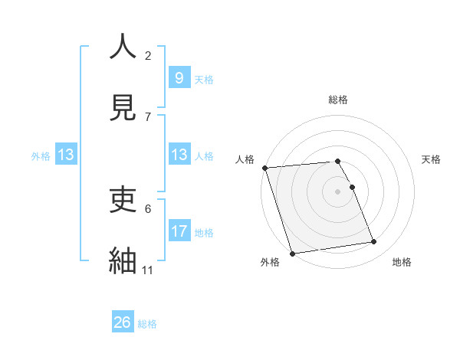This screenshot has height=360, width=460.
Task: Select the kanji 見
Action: pos(123,107)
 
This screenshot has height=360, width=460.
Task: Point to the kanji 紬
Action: pos(123,260)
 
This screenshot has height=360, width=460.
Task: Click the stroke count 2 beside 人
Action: pos(148,55)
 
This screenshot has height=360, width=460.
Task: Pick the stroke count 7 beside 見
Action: pos(148,116)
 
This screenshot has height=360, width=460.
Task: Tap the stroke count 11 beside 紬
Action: pos(148,270)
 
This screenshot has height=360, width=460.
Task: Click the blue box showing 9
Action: pos(179,77)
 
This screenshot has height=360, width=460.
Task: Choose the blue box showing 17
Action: pos(179,231)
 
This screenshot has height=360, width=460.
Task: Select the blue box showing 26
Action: pos(123,322)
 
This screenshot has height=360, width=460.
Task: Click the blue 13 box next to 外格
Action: pos(66,155)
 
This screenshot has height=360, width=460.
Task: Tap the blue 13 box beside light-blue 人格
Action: pos(179,155)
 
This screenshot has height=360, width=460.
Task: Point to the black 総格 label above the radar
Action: pos(338,100)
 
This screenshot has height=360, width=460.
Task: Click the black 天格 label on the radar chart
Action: pos(432,159)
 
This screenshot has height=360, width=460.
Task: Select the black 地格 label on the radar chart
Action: pos(402,262)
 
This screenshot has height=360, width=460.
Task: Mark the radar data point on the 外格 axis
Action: pos(291,253)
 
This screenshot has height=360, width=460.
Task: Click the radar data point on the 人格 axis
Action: pos(264,168)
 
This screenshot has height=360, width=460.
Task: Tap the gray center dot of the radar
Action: pos(338,191)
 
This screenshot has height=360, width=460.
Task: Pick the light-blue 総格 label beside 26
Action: pos(147,324)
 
